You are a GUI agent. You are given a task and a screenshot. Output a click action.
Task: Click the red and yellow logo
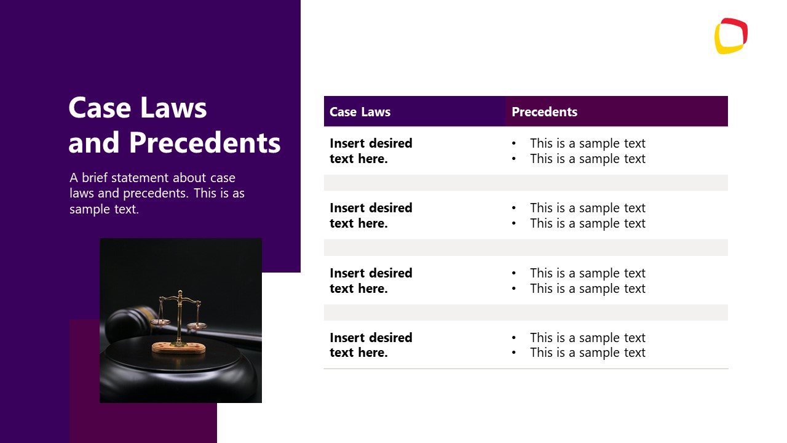tap(730, 36)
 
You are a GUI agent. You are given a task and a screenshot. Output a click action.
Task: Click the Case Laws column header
tap(360, 112)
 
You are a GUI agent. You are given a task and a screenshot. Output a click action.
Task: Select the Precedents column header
tap(544, 112)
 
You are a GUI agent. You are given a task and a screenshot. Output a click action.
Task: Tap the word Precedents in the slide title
tap(205, 143)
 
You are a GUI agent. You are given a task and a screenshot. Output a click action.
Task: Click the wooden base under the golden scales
tap(178, 348)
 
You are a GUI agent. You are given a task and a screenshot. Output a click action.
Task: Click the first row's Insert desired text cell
tap(371, 151)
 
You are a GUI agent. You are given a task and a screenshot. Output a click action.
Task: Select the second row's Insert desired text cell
tap(371, 215)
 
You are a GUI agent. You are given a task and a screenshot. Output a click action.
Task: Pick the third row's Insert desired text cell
tap(371, 281)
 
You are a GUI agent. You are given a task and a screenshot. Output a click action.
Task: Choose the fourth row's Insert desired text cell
tap(371, 345)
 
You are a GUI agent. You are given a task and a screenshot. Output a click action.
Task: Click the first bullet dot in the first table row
tap(514, 144)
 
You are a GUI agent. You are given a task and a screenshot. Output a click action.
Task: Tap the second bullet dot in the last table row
tap(514, 353)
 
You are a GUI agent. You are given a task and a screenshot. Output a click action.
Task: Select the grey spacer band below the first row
tap(526, 183)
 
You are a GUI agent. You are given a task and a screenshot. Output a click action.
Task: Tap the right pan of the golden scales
tap(197, 325)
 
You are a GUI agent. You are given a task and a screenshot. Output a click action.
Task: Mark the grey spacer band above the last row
tap(526, 313)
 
